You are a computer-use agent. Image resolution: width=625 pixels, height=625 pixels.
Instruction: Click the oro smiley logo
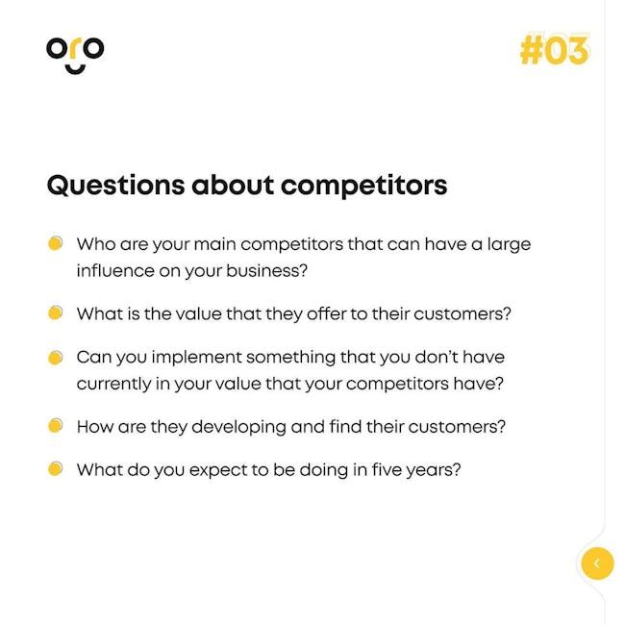(x=75, y=56)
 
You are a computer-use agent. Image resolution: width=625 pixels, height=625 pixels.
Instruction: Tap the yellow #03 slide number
(x=554, y=50)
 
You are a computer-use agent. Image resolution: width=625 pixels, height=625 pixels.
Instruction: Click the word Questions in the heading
(x=116, y=186)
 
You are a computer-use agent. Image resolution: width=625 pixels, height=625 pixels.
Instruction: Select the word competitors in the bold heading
(x=363, y=187)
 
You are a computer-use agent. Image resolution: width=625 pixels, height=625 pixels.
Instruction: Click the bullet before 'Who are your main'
(x=56, y=243)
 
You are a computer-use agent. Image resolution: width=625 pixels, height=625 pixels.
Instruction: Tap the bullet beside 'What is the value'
(x=56, y=312)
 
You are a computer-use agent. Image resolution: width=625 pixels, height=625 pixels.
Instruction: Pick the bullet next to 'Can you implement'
(x=56, y=358)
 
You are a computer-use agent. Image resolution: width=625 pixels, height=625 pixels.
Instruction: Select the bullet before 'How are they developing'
(x=56, y=425)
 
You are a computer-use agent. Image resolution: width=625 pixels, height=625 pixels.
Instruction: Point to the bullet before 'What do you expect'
(x=56, y=469)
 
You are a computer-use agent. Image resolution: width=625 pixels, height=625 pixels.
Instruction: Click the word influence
(x=115, y=270)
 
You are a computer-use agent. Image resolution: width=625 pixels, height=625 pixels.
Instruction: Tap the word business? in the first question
(x=266, y=270)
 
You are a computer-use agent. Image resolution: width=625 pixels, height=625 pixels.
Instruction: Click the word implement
(x=197, y=358)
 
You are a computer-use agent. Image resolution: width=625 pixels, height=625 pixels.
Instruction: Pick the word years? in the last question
(x=434, y=471)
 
